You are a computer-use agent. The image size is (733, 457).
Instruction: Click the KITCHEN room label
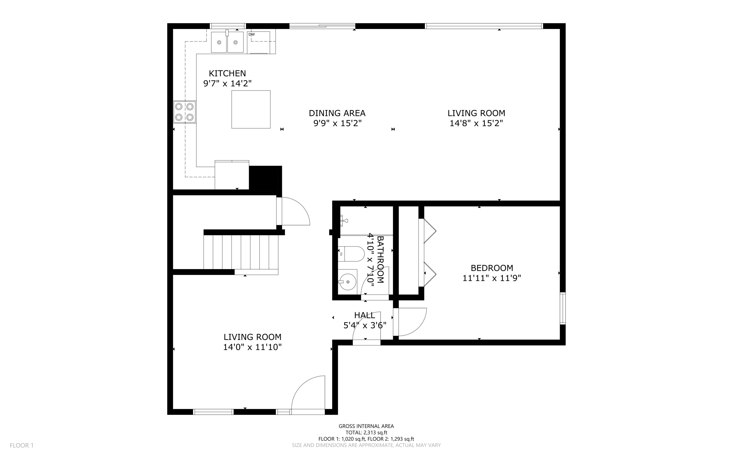coord(227,73)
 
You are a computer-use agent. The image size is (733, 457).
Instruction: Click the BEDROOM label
coord(492,268)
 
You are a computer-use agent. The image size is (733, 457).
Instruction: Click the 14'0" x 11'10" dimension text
coord(252,347)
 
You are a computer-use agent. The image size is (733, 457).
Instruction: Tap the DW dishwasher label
coord(251,34)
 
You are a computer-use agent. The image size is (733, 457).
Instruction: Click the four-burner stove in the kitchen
coord(184,112)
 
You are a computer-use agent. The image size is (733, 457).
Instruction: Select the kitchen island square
coord(251,109)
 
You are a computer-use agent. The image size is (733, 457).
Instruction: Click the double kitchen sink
coord(227,42)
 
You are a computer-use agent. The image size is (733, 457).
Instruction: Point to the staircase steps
coord(241,252)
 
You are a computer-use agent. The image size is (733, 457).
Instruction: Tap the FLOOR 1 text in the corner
coord(22,445)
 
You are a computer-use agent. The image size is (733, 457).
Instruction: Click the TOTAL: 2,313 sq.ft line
coord(366,433)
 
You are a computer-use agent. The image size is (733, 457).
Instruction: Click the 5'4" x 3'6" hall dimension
coord(365,325)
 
